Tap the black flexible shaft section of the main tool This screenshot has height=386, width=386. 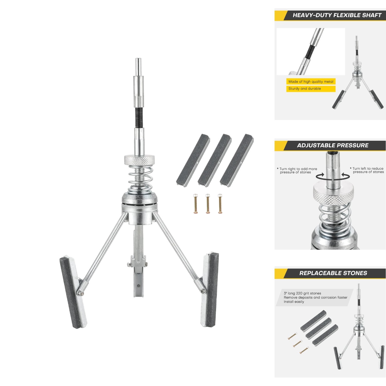coord(139,118)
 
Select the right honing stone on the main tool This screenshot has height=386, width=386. coord(210,290)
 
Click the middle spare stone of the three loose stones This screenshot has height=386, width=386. coord(215,159)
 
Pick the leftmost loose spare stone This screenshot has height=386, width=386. coord(193,159)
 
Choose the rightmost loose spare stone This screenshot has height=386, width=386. coord(237,159)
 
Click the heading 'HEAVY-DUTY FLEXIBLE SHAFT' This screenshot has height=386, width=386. coord(337,15)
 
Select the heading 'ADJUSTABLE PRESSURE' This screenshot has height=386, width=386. coord(333,145)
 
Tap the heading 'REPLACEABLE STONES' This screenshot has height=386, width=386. coord(333,273)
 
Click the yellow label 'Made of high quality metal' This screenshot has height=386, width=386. coord(311,82)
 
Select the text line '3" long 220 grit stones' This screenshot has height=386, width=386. coord(302,293)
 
